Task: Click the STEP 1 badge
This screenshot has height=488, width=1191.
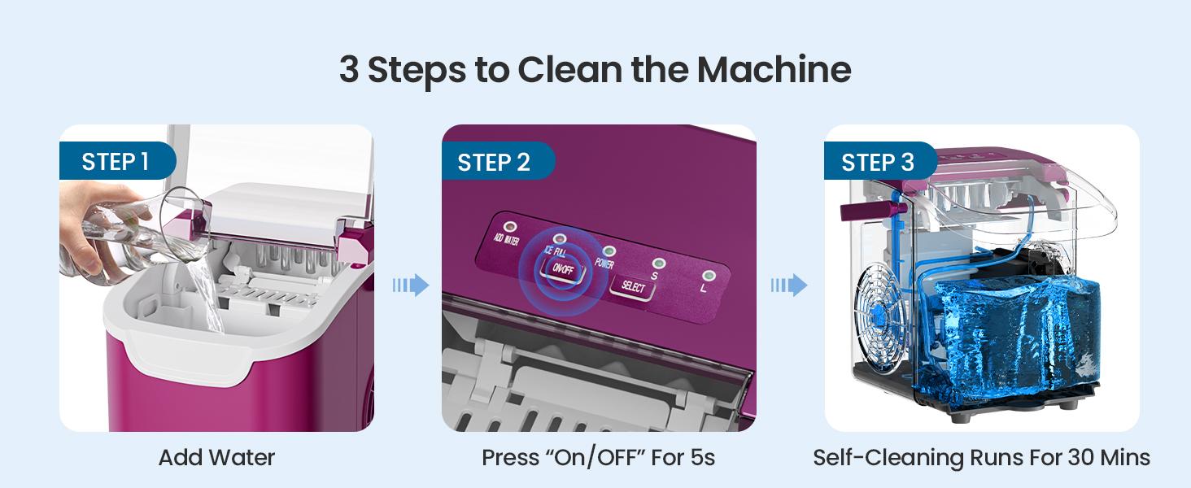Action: [117, 161]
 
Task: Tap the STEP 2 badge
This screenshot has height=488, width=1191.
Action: [498, 161]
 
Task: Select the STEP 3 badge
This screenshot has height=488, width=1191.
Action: [880, 161]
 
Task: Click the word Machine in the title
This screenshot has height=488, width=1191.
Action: [774, 70]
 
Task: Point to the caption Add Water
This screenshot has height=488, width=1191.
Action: [216, 458]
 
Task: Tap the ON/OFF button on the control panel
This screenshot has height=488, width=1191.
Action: [562, 269]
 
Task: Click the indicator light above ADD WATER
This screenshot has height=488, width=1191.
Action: [510, 228]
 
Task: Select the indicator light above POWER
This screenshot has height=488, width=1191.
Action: [609, 251]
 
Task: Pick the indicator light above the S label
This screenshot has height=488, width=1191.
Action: [659, 264]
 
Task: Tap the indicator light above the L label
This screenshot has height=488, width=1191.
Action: [709, 276]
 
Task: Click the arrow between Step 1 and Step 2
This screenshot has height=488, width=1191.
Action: [411, 285]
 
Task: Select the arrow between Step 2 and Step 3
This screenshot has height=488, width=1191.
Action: [789, 285]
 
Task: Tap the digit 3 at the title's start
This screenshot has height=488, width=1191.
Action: [349, 70]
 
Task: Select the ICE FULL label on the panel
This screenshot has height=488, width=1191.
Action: [555, 251]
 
